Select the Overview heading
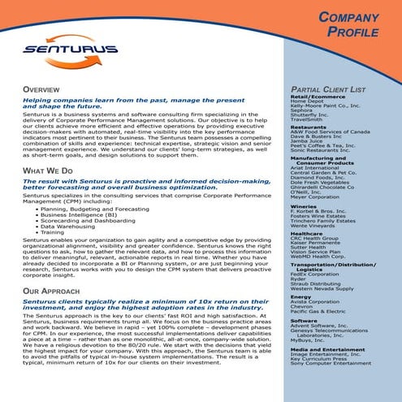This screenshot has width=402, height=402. point(41,88)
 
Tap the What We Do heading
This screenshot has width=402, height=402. point(48,171)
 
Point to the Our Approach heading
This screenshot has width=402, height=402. point(51,290)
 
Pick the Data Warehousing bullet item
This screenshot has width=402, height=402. point(72,226)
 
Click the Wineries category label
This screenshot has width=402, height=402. point(304,206)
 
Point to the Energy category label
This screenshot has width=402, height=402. point(300,296)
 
